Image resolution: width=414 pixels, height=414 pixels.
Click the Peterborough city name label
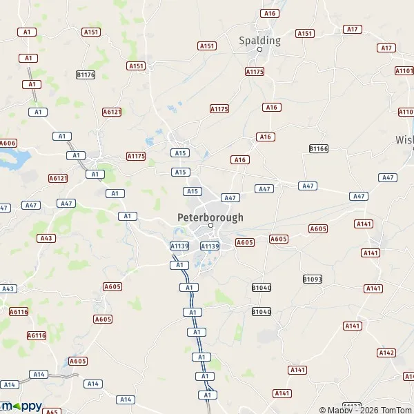point(210,217)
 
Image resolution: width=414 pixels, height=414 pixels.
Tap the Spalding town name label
point(259,40)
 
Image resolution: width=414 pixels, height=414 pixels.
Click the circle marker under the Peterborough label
point(211,226)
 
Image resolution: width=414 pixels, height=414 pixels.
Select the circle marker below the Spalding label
point(260,50)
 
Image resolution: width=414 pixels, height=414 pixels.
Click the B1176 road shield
point(86,74)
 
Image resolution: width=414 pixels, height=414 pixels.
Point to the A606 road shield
point(8,143)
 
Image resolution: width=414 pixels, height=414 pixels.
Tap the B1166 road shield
point(318,148)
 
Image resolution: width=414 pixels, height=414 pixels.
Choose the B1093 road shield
point(313,279)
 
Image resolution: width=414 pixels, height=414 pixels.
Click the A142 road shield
point(386,353)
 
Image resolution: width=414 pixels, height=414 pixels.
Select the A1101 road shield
point(404,70)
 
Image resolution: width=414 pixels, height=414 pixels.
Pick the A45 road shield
point(51,411)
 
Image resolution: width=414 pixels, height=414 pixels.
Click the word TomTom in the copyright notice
point(395,410)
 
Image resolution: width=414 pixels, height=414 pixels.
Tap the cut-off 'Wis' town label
point(404,139)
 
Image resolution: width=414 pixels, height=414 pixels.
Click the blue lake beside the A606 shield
point(14,160)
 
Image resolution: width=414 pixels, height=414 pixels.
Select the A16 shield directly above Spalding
point(269,13)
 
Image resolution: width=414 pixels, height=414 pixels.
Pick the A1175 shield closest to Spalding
point(255,72)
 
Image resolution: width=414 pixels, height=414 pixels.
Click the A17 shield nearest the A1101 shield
point(386,48)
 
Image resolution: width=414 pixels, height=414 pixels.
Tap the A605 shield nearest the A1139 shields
point(245,242)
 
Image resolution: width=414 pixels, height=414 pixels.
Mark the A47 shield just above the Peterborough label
point(230,197)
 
